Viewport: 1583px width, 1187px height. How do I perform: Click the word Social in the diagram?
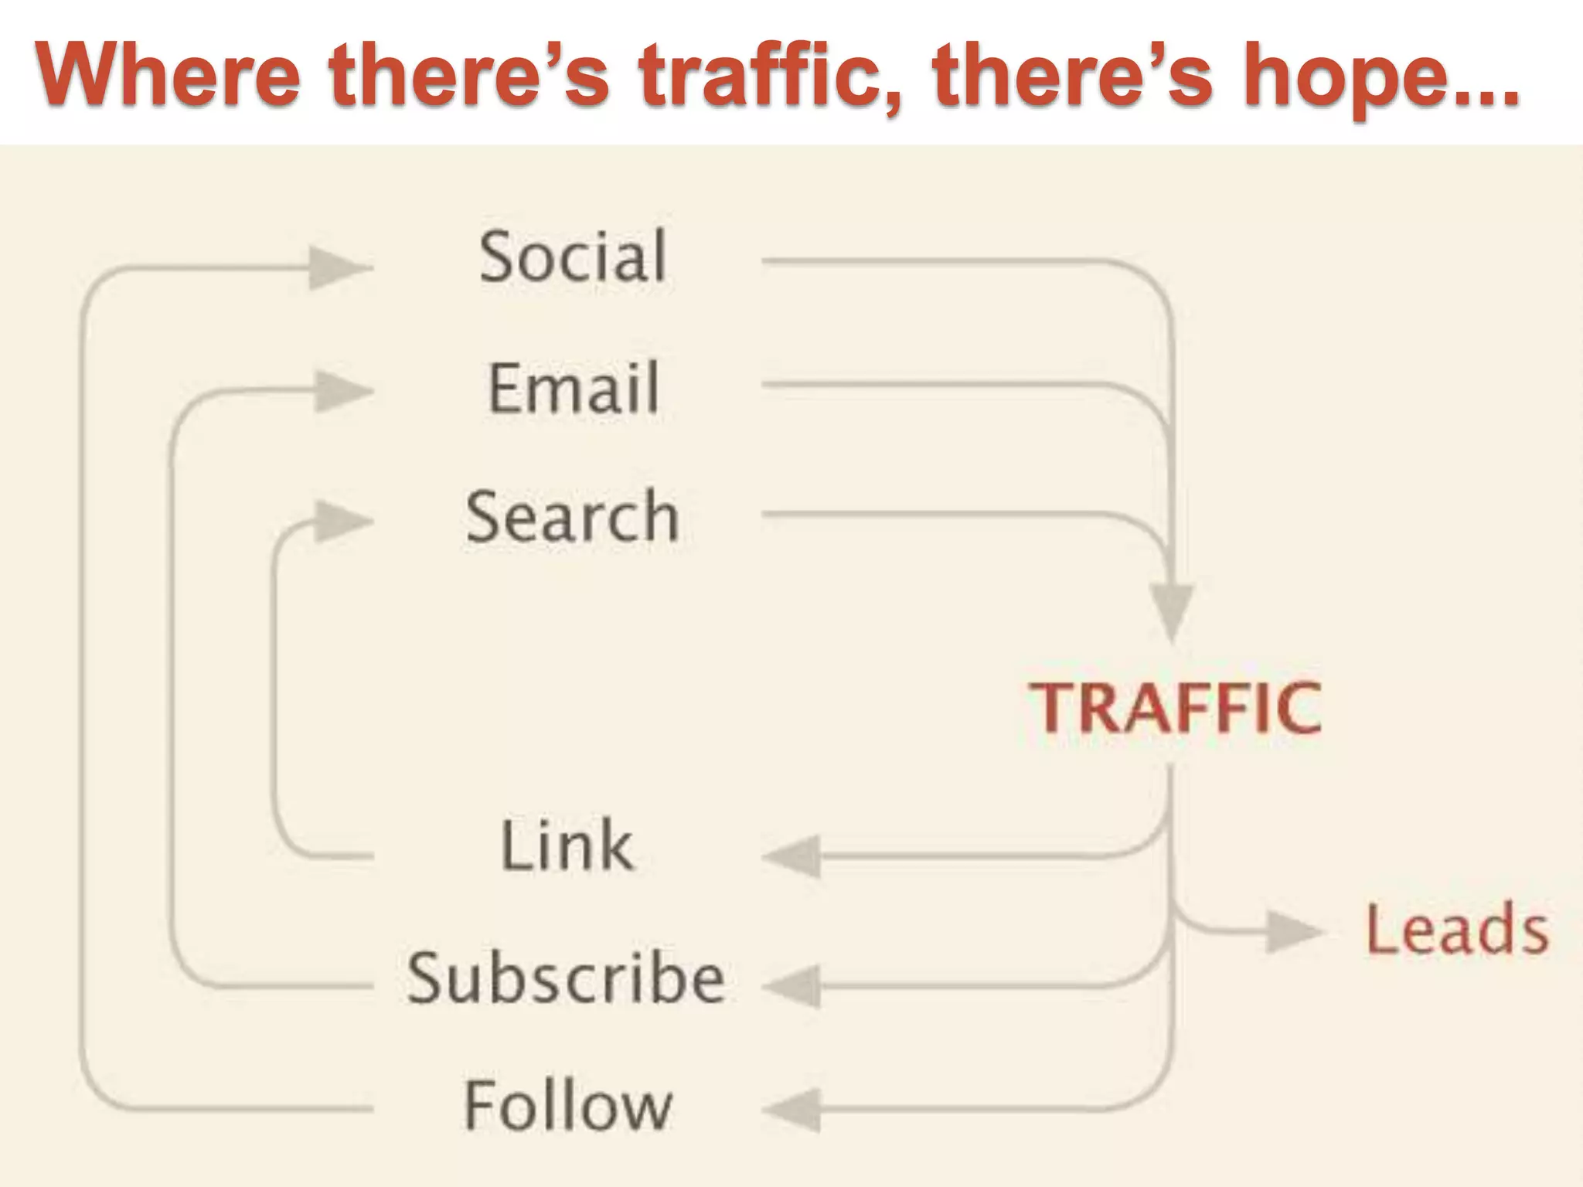[x=573, y=257]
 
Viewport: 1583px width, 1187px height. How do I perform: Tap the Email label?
[x=574, y=388]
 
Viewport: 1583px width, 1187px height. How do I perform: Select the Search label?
[x=573, y=517]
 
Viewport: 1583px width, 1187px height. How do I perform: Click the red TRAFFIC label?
[x=1174, y=708]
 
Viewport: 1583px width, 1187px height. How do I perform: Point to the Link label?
[x=567, y=845]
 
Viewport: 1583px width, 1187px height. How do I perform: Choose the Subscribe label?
[x=566, y=978]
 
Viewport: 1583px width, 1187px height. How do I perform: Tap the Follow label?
[x=568, y=1106]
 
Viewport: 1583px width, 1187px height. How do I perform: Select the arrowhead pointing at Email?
[x=341, y=391]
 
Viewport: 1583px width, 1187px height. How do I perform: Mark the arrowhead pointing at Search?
[x=341, y=520]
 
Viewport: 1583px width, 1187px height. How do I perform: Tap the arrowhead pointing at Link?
[x=794, y=856]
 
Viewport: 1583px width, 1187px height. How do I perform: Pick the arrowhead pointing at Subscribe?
[x=794, y=986]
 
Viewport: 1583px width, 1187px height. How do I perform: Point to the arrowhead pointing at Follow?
[x=794, y=1110]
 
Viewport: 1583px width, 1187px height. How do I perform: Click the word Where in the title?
[x=168, y=76]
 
